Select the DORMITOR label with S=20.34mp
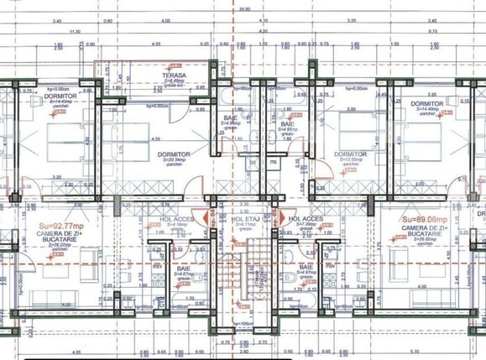coord(174,154)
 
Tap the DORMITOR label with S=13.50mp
coord(350,154)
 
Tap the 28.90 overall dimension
coord(244,9)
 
